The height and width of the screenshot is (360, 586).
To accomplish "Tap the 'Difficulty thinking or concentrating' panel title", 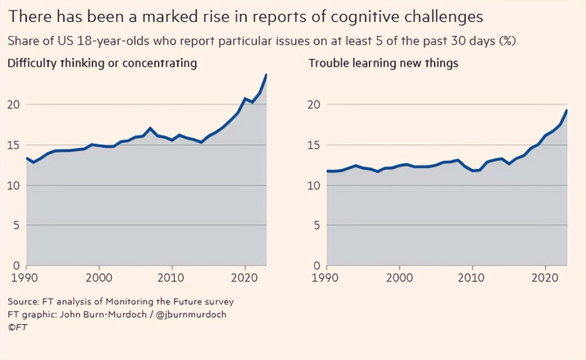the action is [x=102, y=63].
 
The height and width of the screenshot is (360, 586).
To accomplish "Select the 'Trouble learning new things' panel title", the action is [x=383, y=63].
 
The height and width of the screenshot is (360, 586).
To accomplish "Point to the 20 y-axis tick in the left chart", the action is [x=13, y=104].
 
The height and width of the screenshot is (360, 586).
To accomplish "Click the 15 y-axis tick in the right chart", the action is [x=314, y=145].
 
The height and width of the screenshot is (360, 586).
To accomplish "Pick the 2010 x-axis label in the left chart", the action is [x=171, y=278].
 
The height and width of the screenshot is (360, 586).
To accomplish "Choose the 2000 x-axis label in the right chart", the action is [x=400, y=278].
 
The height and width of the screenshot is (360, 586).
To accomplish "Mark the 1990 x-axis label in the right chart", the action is [x=325, y=278].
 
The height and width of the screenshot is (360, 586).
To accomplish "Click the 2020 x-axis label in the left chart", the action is [x=244, y=278].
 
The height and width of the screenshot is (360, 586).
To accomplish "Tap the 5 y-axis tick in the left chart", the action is [x=16, y=225].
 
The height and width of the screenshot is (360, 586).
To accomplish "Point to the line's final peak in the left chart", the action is [x=266, y=74].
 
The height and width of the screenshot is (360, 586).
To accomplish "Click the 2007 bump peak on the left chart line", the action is [x=150, y=128].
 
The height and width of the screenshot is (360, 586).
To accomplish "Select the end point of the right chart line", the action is [x=567, y=110].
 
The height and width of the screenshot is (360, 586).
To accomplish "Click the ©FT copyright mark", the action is [x=17, y=327].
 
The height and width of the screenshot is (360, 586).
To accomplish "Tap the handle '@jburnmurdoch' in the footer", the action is [x=191, y=314].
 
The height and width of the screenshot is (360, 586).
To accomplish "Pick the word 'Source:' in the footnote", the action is [x=23, y=302].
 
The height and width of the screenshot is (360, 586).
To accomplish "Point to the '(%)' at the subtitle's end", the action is [x=508, y=41].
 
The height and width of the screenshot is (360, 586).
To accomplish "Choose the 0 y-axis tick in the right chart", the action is [x=317, y=266].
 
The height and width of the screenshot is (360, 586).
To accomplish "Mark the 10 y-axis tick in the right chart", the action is [x=314, y=185].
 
